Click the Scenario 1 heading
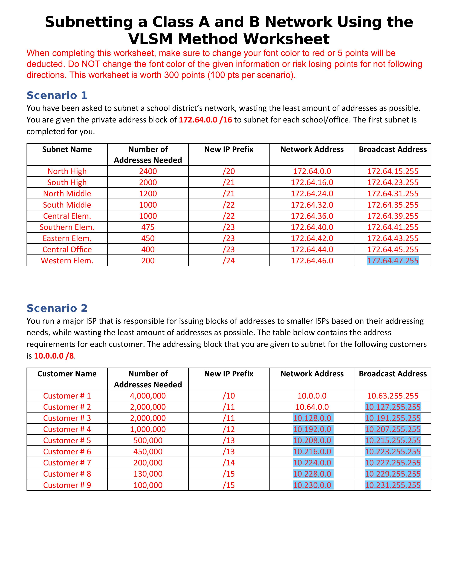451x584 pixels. click(x=57, y=95)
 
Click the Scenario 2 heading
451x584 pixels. click(x=57, y=308)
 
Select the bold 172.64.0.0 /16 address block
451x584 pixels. click(x=205, y=120)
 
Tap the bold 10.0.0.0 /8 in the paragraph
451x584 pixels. click(x=54, y=356)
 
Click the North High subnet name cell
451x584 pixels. click(x=67, y=171)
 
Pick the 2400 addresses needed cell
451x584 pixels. click(x=148, y=171)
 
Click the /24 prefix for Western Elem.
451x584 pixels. click(x=229, y=260)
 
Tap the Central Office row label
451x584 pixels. click(x=67, y=250)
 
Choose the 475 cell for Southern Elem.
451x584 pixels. click(x=148, y=227)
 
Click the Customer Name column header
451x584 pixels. click(x=67, y=374)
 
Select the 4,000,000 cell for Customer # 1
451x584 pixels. click(x=148, y=396)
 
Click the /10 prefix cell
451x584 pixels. click(x=229, y=396)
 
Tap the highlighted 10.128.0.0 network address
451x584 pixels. click(x=312, y=418)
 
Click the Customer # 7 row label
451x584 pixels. click(x=67, y=463)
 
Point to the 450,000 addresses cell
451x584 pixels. click(x=148, y=452)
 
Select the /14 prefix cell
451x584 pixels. click(x=229, y=463)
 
